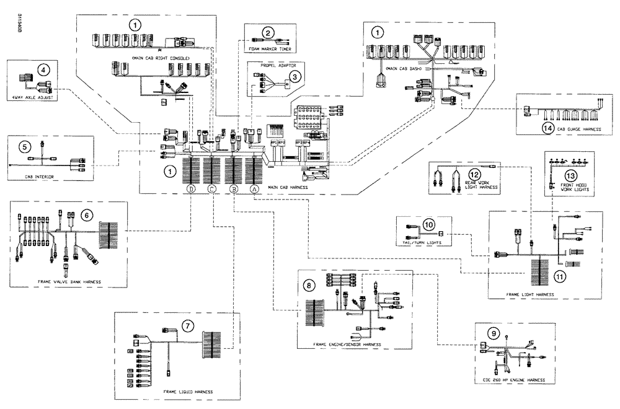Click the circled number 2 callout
(268, 33)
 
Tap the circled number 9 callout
(494, 333)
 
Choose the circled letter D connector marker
(192, 189)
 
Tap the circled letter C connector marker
(212, 190)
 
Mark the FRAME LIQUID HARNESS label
(188, 392)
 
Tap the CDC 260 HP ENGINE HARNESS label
(515, 379)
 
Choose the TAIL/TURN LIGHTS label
(422, 244)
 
